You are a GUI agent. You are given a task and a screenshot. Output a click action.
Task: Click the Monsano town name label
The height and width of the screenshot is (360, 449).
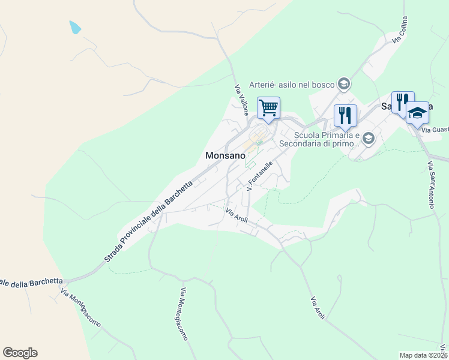pos(226,155)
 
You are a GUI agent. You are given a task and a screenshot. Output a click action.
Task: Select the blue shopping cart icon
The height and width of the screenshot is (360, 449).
pos(268,108)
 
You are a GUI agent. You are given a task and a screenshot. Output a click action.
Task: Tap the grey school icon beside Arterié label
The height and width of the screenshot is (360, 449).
pos(344,83)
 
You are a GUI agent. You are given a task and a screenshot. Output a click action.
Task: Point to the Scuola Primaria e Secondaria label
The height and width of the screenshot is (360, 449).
pos(326,139)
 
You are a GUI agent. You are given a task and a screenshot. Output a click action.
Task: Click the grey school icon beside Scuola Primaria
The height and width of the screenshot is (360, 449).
pos(369,139)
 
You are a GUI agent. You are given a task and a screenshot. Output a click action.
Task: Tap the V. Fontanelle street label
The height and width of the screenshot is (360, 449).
pos(261,175)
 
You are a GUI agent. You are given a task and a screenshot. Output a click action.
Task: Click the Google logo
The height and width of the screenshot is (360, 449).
pos(20,353)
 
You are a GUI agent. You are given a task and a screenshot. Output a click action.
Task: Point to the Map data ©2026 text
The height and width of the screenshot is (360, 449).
pos(423,355)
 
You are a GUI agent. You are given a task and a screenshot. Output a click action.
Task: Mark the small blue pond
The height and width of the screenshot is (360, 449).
pos(74,27)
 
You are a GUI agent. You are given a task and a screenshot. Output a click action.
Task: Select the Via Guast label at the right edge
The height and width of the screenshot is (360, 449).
pos(435,130)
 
